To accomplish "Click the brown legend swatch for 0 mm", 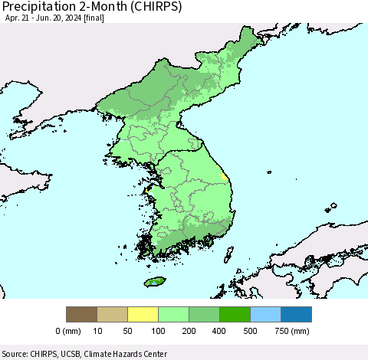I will (x=81, y=314).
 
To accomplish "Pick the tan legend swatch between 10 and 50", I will (x=112, y=314).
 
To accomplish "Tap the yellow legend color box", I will (x=143, y=314).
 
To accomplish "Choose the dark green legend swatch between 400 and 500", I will (x=235, y=314).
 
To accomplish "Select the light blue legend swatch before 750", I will (x=265, y=314).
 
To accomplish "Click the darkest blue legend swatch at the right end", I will (x=296, y=314).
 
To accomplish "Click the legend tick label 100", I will (x=158, y=332).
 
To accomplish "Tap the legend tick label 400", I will (x=219, y=332).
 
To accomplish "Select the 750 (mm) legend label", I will (x=289, y=332).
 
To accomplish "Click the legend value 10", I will (x=97, y=332).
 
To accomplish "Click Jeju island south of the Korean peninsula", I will (x=156, y=281).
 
